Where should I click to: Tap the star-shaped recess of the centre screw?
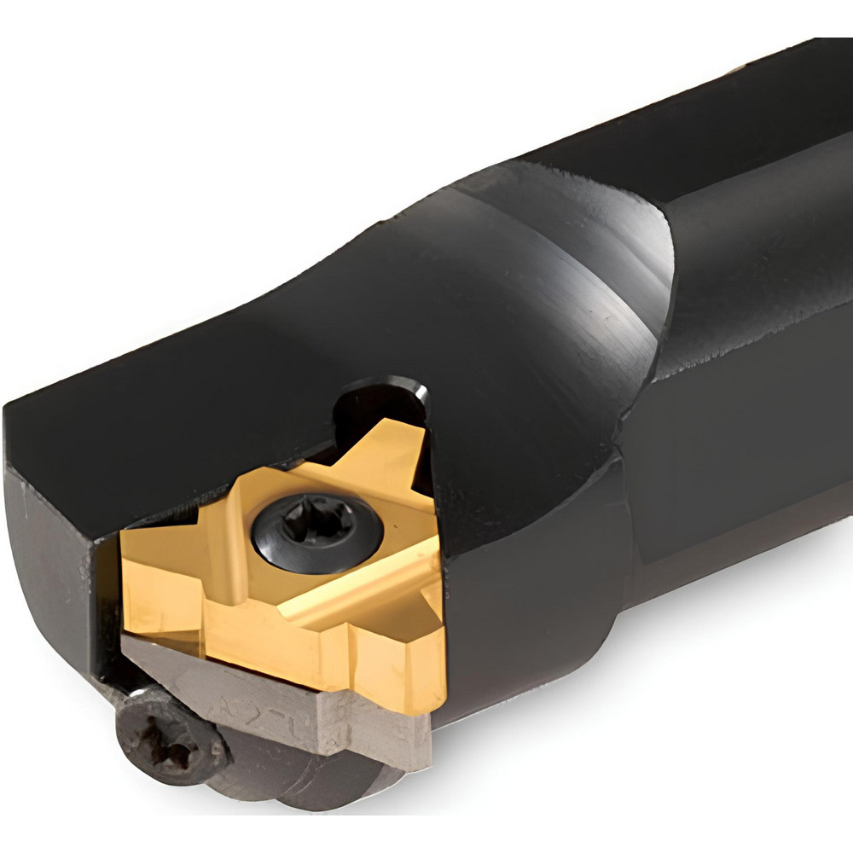click(x=317, y=529)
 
